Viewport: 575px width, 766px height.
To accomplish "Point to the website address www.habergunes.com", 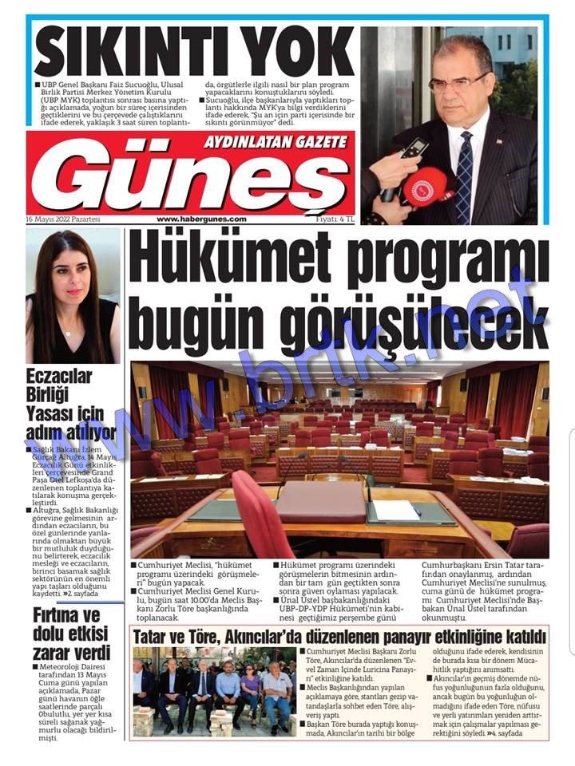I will (201, 219).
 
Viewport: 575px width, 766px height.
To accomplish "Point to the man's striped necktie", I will (464, 175).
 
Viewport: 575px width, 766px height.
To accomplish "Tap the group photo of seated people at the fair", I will (212, 690).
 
